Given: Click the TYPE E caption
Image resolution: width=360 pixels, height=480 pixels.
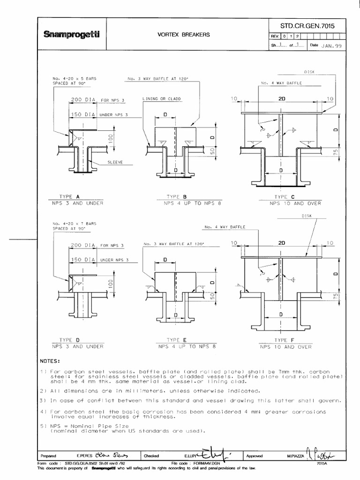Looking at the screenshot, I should click(x=177, y=339).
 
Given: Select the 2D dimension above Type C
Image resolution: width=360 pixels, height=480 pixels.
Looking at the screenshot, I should click(x=282, y=99).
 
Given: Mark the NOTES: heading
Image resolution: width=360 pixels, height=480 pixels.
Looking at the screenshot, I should click(x=50, y=361).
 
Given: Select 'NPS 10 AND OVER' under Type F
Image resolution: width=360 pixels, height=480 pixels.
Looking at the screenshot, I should click(x=286, y=347).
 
